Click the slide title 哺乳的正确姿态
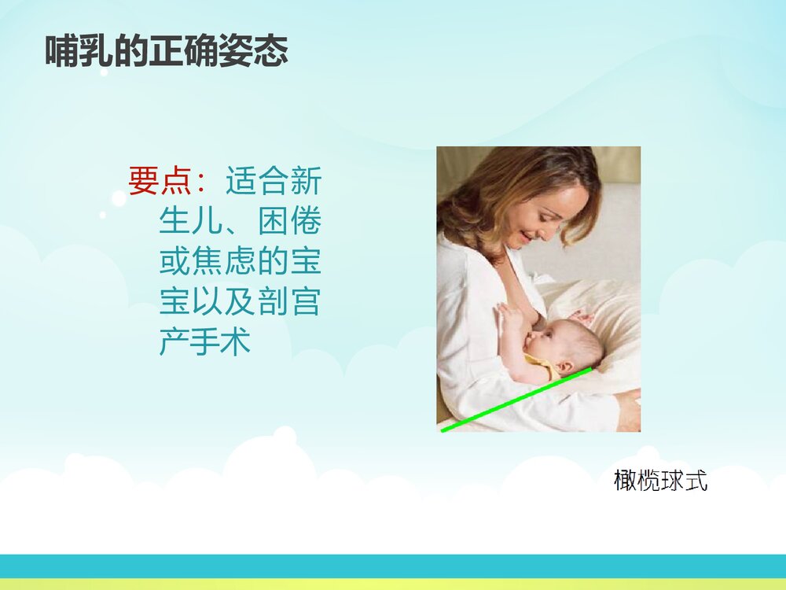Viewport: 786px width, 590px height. point(167,53)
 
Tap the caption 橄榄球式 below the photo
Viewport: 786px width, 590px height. point(660,480)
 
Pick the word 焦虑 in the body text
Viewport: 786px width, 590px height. point(225,262)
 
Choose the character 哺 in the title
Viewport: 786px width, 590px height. point(61,53)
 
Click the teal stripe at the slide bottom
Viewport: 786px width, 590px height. point(393,565)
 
